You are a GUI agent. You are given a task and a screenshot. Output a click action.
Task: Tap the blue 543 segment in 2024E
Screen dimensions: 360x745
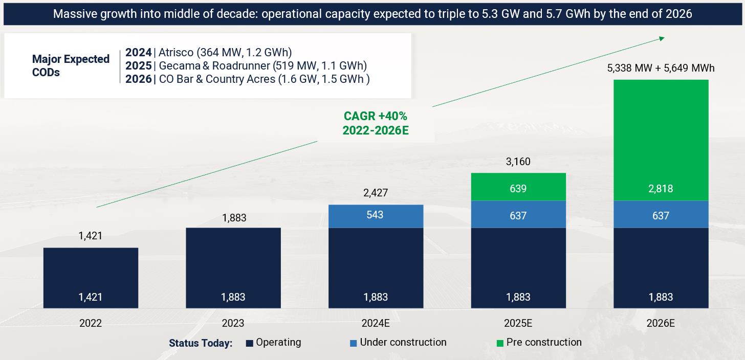click(376, 216)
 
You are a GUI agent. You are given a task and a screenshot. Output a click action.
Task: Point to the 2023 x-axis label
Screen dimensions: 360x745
click(233, 323)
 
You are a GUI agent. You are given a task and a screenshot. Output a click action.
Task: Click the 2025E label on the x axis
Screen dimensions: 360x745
click(518, 323)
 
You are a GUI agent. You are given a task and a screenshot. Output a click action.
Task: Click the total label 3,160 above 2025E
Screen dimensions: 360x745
click(518, 162)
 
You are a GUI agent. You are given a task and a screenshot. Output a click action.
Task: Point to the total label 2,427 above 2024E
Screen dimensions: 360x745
click(376, 193)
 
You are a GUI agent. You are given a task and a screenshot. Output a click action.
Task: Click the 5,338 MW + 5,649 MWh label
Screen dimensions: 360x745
click(661, 68)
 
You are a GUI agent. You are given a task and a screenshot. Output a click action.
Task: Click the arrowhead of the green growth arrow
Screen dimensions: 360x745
click(662, 37)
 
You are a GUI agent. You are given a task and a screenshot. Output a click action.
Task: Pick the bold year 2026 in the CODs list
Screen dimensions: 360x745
click(138, 79)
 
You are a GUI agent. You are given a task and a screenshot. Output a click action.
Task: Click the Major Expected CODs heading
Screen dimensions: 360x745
click(71, 65)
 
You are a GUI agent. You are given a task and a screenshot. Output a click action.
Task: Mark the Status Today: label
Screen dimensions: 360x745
click(201, 343)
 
